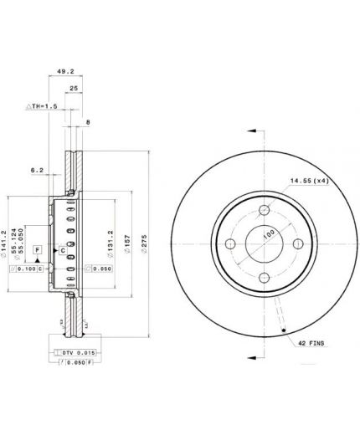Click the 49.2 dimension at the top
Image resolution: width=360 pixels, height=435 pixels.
pos(64,72)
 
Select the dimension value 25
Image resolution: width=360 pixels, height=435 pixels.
pos(74,88)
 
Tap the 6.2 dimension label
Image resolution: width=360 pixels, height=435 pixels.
pos(37,170)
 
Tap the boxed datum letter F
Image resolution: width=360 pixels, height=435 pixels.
pos(38,250)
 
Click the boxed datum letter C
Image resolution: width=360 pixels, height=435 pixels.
pos(63,250)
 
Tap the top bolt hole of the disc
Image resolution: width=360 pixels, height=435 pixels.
pos(264,210)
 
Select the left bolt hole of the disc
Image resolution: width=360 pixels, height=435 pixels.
pos(229,244)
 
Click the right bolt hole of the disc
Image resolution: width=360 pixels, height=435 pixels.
pos(298,244)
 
